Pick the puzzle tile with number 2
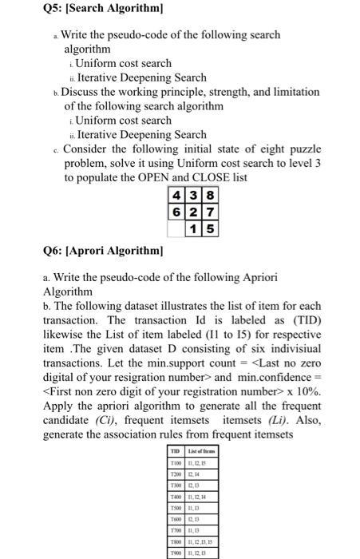[192, 212]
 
